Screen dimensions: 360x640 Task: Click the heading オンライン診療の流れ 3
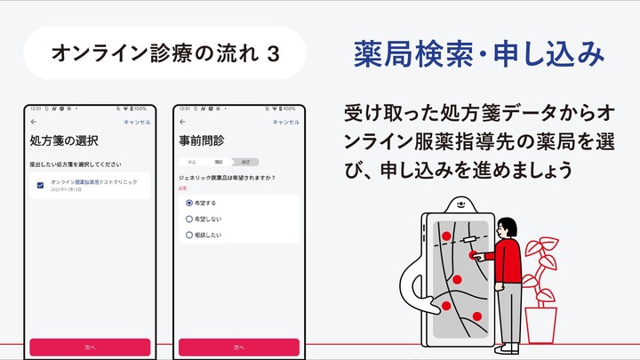click(x=166, y=54)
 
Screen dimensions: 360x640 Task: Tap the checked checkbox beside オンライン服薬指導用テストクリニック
click(x=41, y=185)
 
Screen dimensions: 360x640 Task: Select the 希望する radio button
click(x=189, y=203)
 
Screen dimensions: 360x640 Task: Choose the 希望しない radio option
click(x=189, y=219)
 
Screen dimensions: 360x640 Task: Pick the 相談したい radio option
click(x=189, y=235)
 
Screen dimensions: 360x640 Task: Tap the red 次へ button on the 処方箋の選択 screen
click(x=90, y=347)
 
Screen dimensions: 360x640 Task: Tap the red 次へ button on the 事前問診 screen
click(x=238, y=347)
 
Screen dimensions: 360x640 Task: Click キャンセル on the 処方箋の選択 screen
click(x=137, y=121)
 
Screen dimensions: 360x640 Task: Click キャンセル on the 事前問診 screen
click(x=285, y=121)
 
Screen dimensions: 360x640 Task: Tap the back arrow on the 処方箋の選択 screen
click(x=34, y=121)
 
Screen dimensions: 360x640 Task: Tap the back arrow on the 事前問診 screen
click(x=182, y=121)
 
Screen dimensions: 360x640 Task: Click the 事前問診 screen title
click(x=203, y=140)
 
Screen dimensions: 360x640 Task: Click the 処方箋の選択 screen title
click(x=63, y=140)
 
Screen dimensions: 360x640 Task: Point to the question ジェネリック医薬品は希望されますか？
click(x=227, y=178)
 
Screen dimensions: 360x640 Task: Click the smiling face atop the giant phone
click(x=461, y=203)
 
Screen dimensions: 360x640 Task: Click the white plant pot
click(x=540, y=324)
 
